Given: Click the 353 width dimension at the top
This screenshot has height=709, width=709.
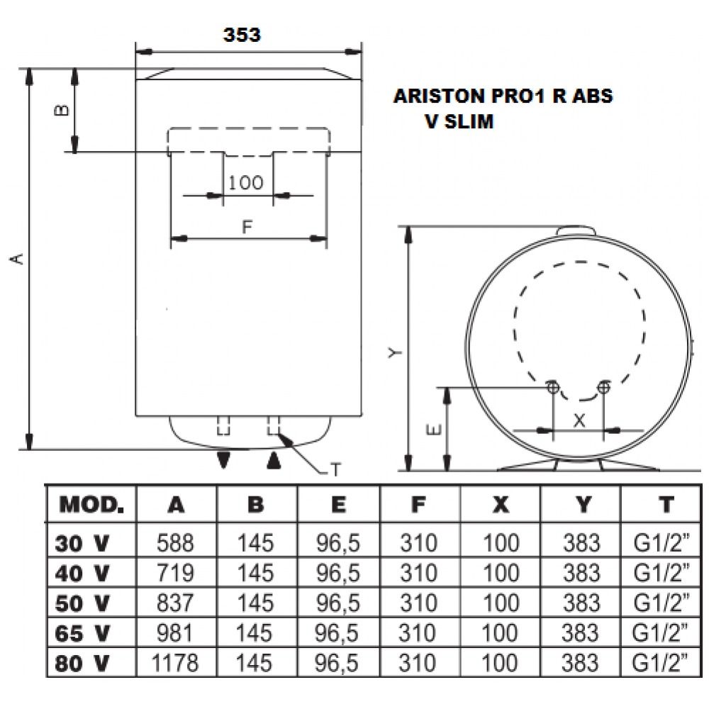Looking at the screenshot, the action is pos(242,35).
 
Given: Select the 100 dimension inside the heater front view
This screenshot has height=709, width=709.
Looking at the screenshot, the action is pos(245,183).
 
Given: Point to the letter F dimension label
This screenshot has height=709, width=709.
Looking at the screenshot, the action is pos(247,227).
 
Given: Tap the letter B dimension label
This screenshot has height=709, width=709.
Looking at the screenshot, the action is pos(62,110).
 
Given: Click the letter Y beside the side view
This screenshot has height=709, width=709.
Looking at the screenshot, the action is pos(395,352).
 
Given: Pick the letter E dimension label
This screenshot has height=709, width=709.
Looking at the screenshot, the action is pos(434,430).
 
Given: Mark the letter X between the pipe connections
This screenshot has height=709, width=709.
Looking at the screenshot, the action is pos(579,421).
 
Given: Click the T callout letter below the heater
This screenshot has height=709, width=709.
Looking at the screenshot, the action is pos(335,470).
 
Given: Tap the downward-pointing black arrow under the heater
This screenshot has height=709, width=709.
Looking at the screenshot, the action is pos(224,460).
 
